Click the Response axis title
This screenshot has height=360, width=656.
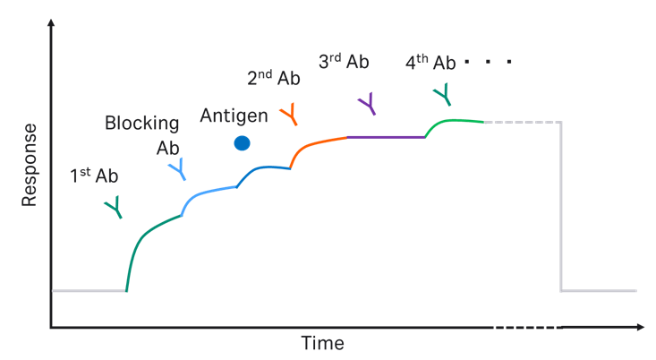[x=30, y=164]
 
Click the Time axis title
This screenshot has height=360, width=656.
[x=322, y=344]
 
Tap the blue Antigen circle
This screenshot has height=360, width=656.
[x=242, y=142]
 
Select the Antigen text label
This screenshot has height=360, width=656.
[x=234, y=116]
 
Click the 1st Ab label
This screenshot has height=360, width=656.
[x=94, y=176]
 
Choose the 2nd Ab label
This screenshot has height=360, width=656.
[x=273, y=78]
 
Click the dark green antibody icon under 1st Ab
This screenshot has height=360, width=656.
[x=114, y=209]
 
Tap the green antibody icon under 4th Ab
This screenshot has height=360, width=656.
[x=442, y=92]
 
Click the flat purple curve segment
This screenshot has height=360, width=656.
[x=385, y=137]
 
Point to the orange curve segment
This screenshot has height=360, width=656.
[x=318, y=142]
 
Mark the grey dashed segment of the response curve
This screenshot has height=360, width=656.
[x=522, y=121]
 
